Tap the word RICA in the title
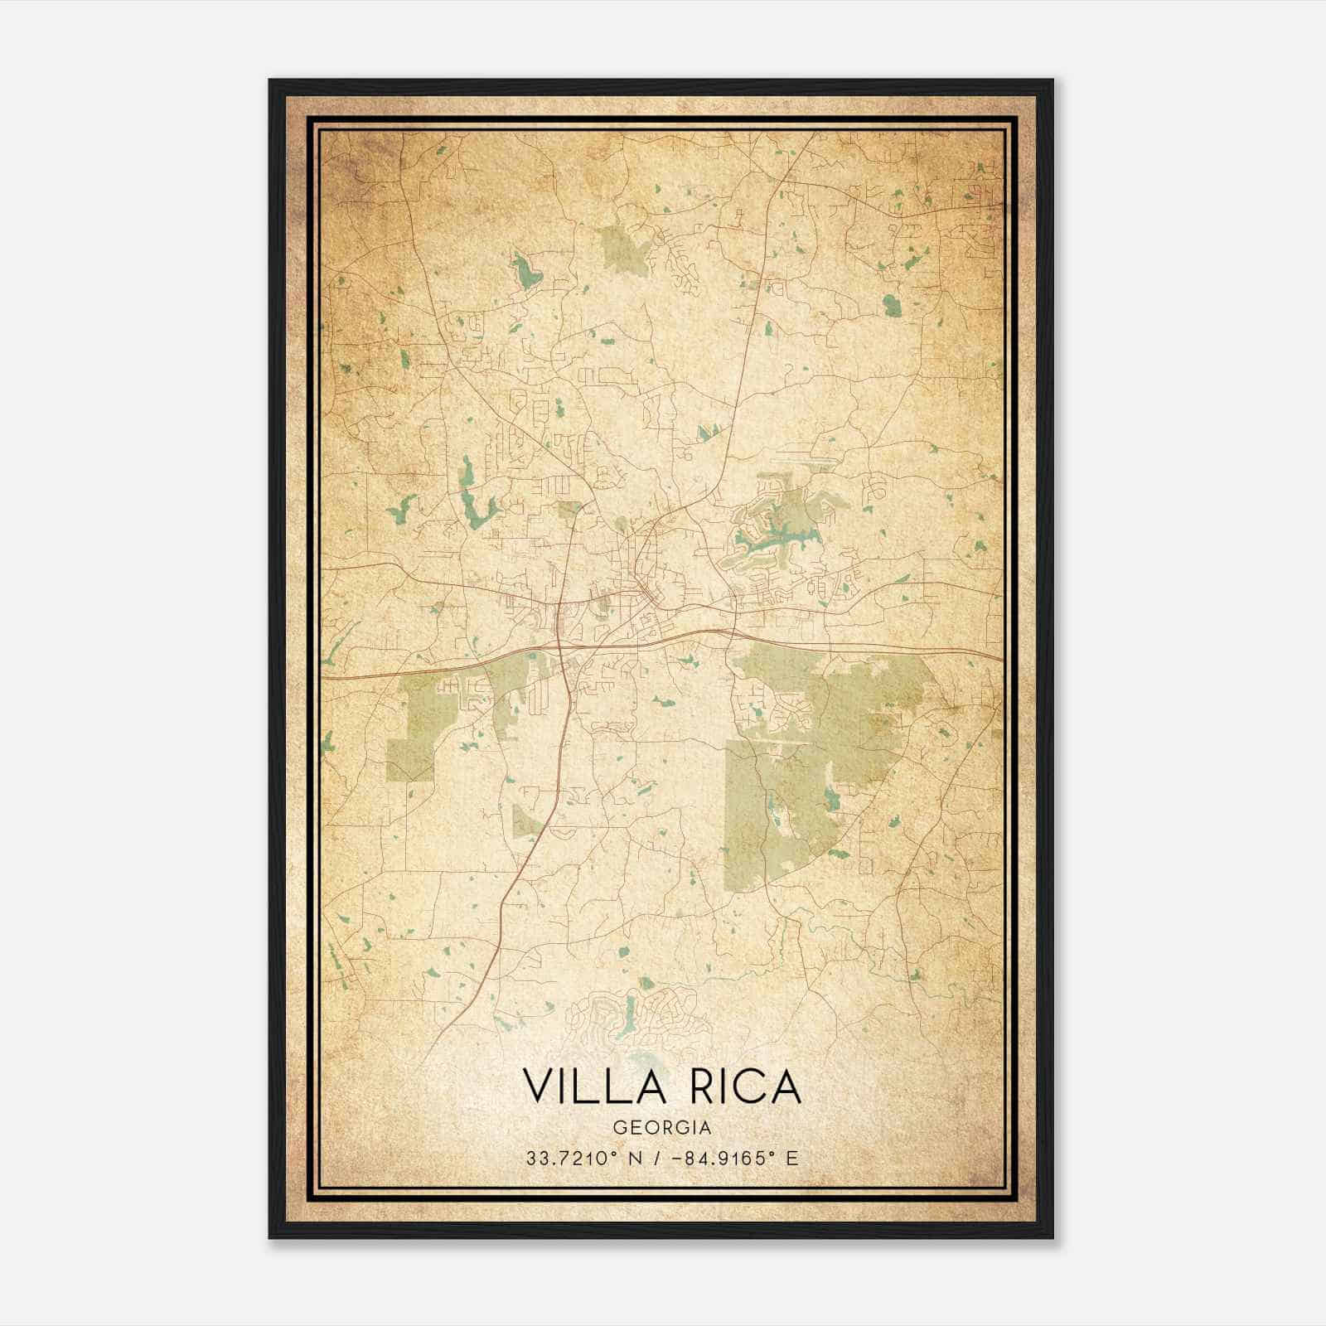[x=742, y=1086]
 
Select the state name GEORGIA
[x=662, y=1127]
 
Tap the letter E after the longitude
[x=792, y=1158]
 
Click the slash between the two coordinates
[x=657, y=1158]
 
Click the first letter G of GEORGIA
[x=619, y=1127]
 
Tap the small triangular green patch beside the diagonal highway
[x=525, y=821]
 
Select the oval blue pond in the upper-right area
[x=891, y=306]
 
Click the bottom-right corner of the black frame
[x=1052, y=1237]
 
